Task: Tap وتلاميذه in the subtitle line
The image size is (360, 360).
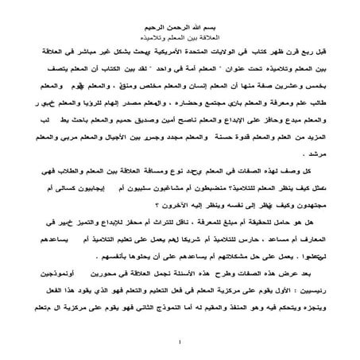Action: pos(156,37)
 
